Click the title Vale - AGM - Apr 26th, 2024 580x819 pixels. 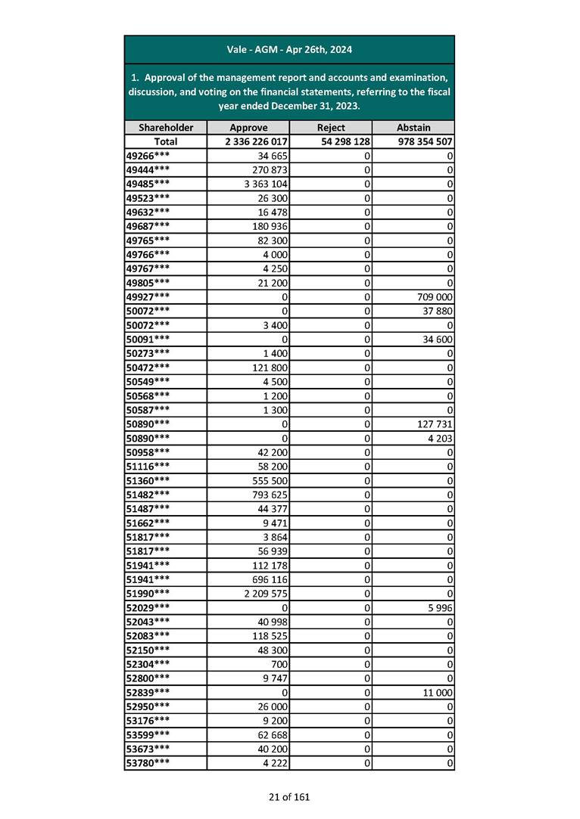(x=289, y=50)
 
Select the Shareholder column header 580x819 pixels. (x=165, y=128)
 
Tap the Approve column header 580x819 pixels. (x=248, y=128)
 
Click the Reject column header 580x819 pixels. (x=331, y=128)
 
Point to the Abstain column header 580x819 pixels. (x=413, y=128)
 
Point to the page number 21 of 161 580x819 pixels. (x=289, y=796)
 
